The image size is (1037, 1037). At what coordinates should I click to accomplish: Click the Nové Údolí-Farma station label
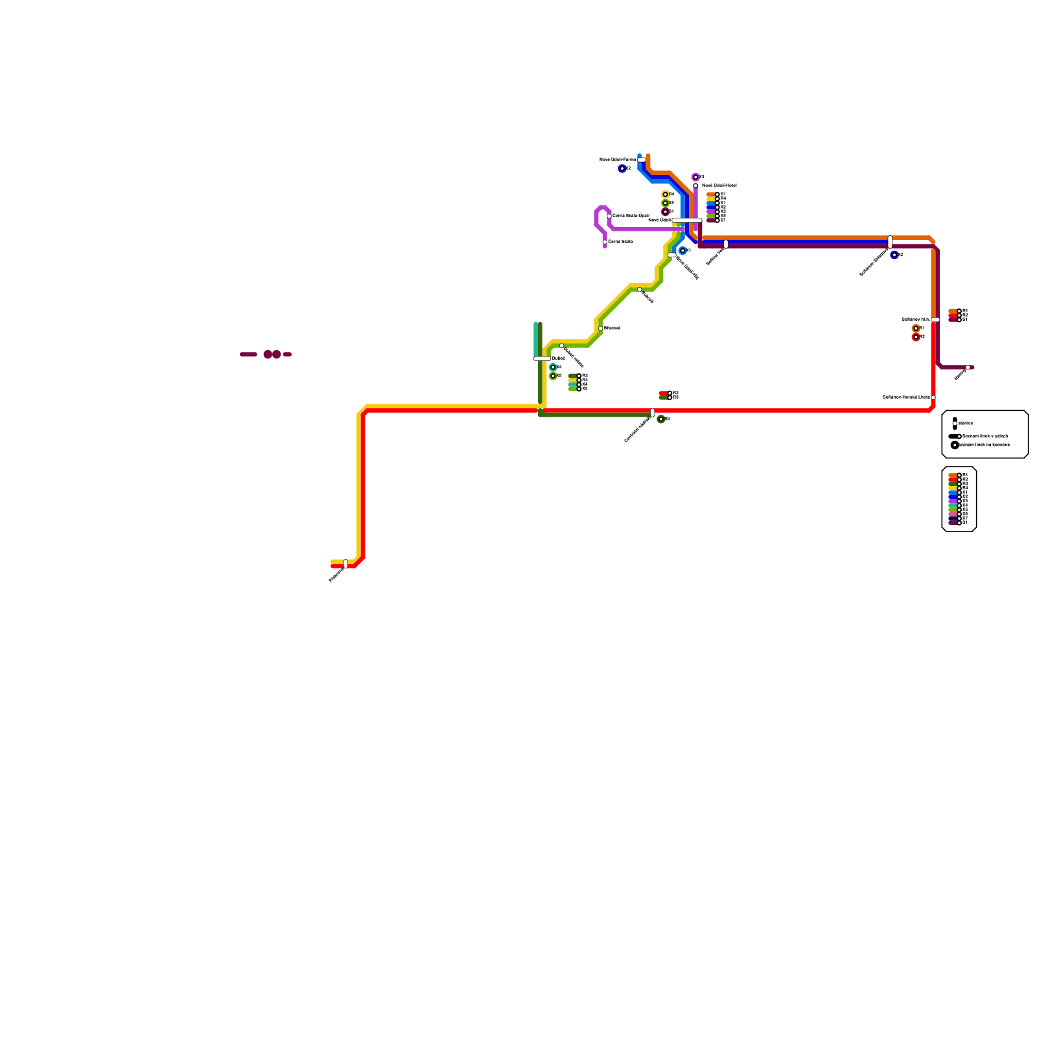point(617,159)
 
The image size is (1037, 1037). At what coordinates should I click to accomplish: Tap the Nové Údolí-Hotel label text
point(719,185)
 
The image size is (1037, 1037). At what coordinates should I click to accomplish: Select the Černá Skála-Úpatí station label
point(631,215)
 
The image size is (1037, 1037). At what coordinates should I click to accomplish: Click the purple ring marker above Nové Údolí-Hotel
point(695,177)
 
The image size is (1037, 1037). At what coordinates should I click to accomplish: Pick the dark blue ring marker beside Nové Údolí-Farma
point(622,169)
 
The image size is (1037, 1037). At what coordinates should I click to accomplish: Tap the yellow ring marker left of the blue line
point(665,194)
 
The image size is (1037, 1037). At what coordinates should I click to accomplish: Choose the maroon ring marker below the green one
point(665,212)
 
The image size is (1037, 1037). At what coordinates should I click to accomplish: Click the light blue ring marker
point(682,251)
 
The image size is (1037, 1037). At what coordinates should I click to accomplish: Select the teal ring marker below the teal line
point(553,367)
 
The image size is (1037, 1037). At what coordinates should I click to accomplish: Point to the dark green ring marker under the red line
point(660,419)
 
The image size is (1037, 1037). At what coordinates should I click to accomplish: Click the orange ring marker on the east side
point(916,329)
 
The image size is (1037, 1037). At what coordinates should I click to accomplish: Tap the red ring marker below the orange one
point(916,337)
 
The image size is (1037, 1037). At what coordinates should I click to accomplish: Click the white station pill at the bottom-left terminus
point(345,564)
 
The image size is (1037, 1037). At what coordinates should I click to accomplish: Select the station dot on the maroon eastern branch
point(968,367)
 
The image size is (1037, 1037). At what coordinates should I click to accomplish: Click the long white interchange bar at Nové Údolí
point(687,220)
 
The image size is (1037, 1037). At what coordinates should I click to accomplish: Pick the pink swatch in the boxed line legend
point(953,513)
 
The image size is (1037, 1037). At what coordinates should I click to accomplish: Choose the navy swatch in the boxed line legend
point(953,518)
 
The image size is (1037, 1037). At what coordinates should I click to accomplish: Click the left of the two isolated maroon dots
point(268,355)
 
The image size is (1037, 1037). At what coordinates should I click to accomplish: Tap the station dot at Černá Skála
point(605,242)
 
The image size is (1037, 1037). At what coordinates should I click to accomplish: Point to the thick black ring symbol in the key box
point(955,445)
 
